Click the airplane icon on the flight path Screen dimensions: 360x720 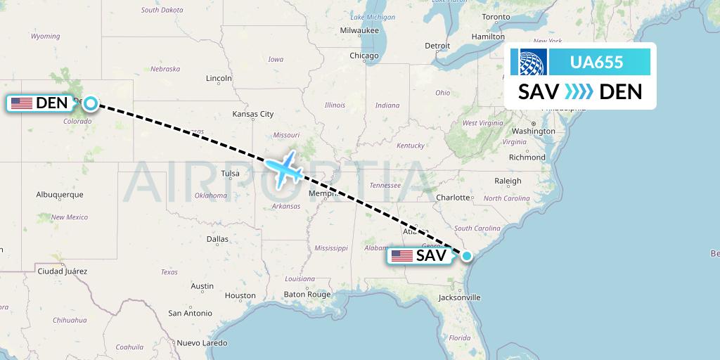pyautogui.click(x=285, y=169)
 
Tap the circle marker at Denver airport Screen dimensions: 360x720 pyautogui.click(x=91, y=103)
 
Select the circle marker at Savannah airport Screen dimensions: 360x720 pyautogui.click(x=466, y=256)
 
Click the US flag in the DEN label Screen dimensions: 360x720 pyautogui.click(x=22, y=103)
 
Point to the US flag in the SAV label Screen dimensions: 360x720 pyautogui.click(x=402, y=256)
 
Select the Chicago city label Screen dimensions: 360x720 pyautogui.click(x=364, y=56)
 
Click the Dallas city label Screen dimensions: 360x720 pyautogui.click(x=217, y=239)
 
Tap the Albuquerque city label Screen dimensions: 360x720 pyautogui.click(x=60, y=194)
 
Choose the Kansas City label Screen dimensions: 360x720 pyautogui.click(x=253, y=114)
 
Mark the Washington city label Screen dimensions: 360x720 pyautogui.click(x=534, y=131)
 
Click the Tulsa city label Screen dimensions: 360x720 pyautogui.click(x=230, y=174)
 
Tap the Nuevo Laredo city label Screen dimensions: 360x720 pyautogui.click(x=202, y=343)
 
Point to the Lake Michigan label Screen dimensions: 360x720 pyautogui.click(x=373, y=17)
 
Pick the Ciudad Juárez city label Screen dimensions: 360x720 pyautogui.click(x=63, y=271)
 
